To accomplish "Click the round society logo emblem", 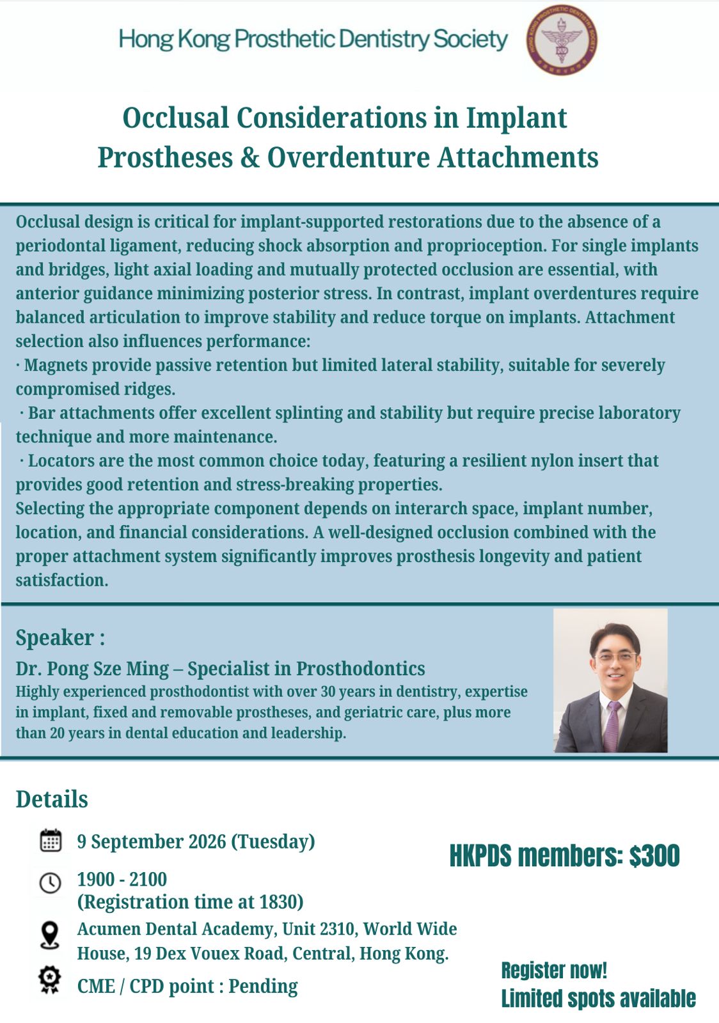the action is click(562, 40).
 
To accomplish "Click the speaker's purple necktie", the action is click(612, 726).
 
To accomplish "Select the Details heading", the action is click(52, 799).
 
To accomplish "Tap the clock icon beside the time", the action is click(51, 883).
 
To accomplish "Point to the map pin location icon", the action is click(50, 936).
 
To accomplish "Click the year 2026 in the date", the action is click(207, 841).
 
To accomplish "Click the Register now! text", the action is click(554, 971).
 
